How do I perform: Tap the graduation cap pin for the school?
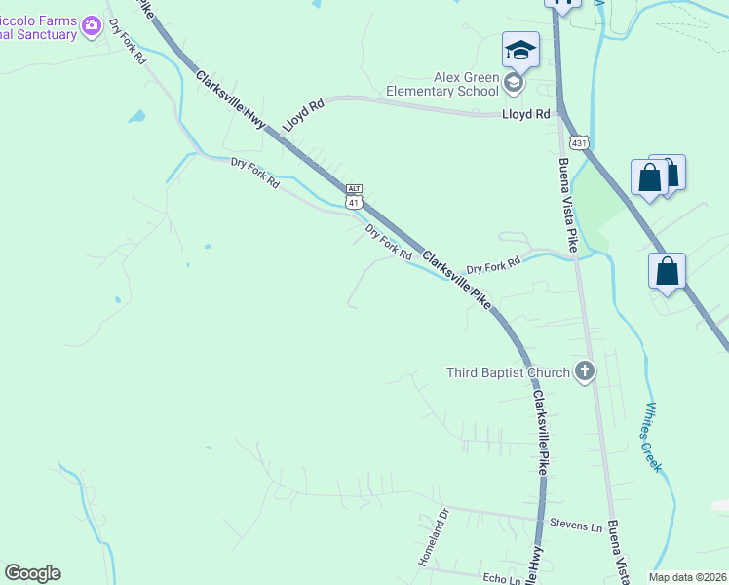[x=520, y=50]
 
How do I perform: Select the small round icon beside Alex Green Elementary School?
[x=514, y=84]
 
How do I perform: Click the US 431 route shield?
[x=580, y=142]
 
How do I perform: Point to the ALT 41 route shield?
[x=355, y=196]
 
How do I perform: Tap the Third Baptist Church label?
[x=508, y=372]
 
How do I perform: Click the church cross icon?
[x=584, y=370]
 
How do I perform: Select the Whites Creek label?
[x=652, y=437]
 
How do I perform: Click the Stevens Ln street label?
[x=576, y=526]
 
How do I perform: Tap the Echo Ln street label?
[x=502, y=579]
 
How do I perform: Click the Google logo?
[x=32, y=573]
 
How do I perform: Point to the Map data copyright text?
[x=688, y=577]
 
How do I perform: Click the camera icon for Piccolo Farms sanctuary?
[x=92, y=25]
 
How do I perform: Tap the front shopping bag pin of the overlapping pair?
[x=649, y=178]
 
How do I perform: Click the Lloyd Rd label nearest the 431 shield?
[x=526, y=114]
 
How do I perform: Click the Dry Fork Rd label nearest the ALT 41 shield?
[x=389, y=243]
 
